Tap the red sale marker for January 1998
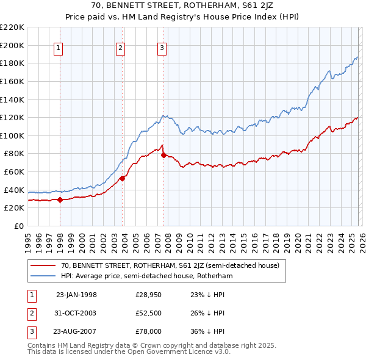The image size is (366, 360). [60, 200]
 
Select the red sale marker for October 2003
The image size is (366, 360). [122, 178]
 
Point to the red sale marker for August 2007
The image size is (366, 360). [163, 155]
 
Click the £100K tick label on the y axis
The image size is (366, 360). [12, 135]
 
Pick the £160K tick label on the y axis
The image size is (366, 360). [12, 81]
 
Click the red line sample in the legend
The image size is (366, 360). [43, 265]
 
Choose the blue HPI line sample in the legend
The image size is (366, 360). [43, 276]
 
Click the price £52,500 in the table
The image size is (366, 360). [148, 313]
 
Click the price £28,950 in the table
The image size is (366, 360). [148, 295]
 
